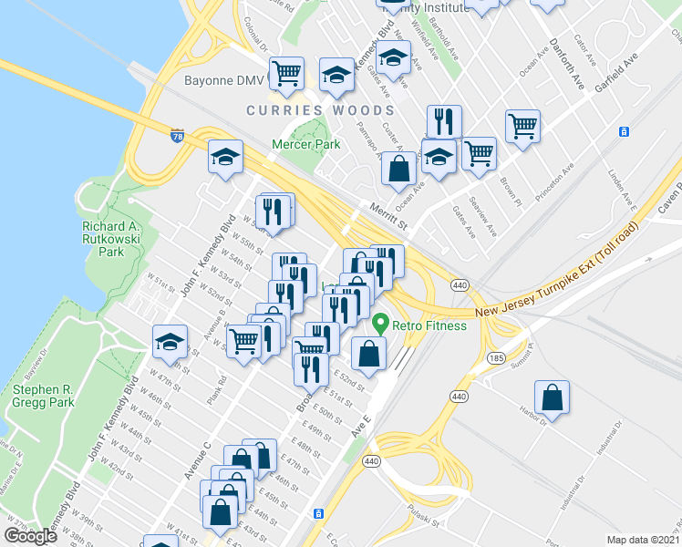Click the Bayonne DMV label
[224, 82]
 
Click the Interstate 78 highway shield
[177, 135]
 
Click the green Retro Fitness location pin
[379, 324]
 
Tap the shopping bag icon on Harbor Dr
[553, 397]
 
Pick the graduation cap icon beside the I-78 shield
[225, 157]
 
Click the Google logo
[30, 536]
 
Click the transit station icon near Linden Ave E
[625, 131]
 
